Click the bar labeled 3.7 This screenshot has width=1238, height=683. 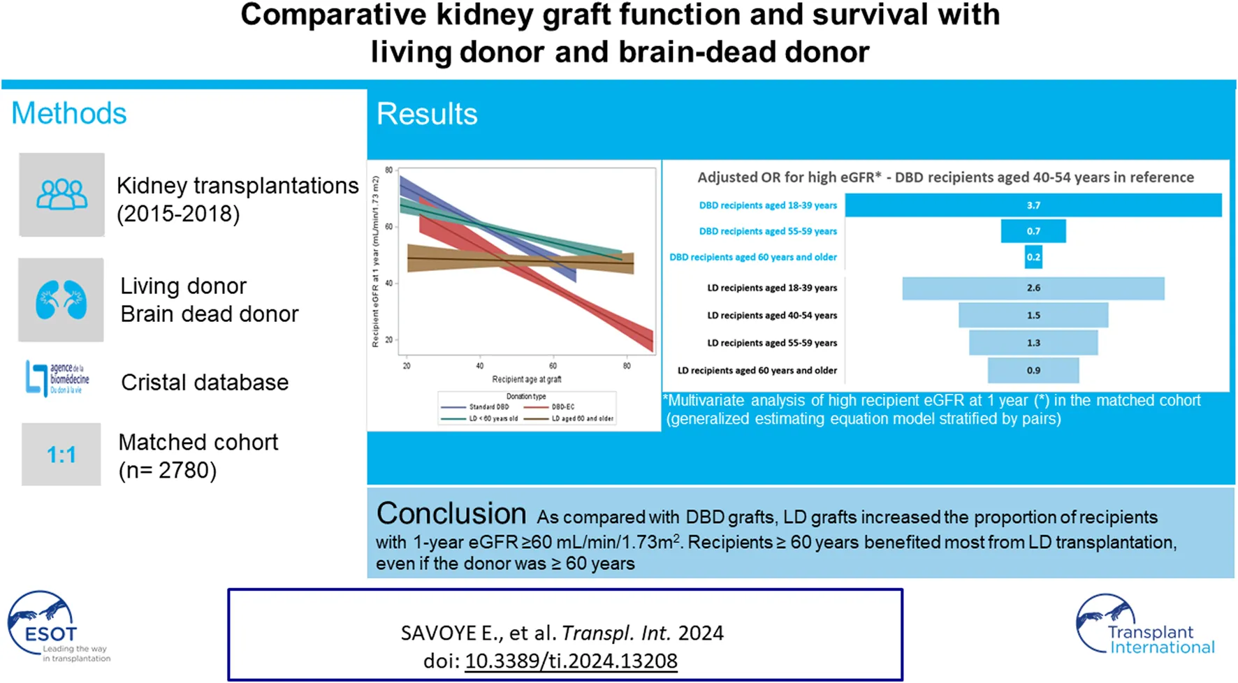1033,205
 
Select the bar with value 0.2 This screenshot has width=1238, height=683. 1033,257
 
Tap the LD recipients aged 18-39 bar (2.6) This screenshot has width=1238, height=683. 1033,288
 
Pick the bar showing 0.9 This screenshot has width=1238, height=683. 1033,370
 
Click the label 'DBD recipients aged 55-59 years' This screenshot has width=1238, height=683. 767,231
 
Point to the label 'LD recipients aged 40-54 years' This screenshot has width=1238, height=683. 771,316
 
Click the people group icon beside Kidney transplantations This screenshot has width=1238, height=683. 61,195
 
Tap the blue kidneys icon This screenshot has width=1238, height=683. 61,300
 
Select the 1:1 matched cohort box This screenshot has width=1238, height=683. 61,455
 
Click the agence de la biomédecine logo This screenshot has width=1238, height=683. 58,379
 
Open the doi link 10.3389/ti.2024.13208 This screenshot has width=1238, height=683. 571,661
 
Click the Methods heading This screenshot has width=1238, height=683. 68,113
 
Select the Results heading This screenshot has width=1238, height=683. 427,114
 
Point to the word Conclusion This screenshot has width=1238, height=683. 451,514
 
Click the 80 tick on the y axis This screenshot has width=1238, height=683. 388,170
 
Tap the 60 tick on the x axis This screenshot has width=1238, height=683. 553,366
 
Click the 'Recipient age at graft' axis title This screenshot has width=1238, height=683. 526,379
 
